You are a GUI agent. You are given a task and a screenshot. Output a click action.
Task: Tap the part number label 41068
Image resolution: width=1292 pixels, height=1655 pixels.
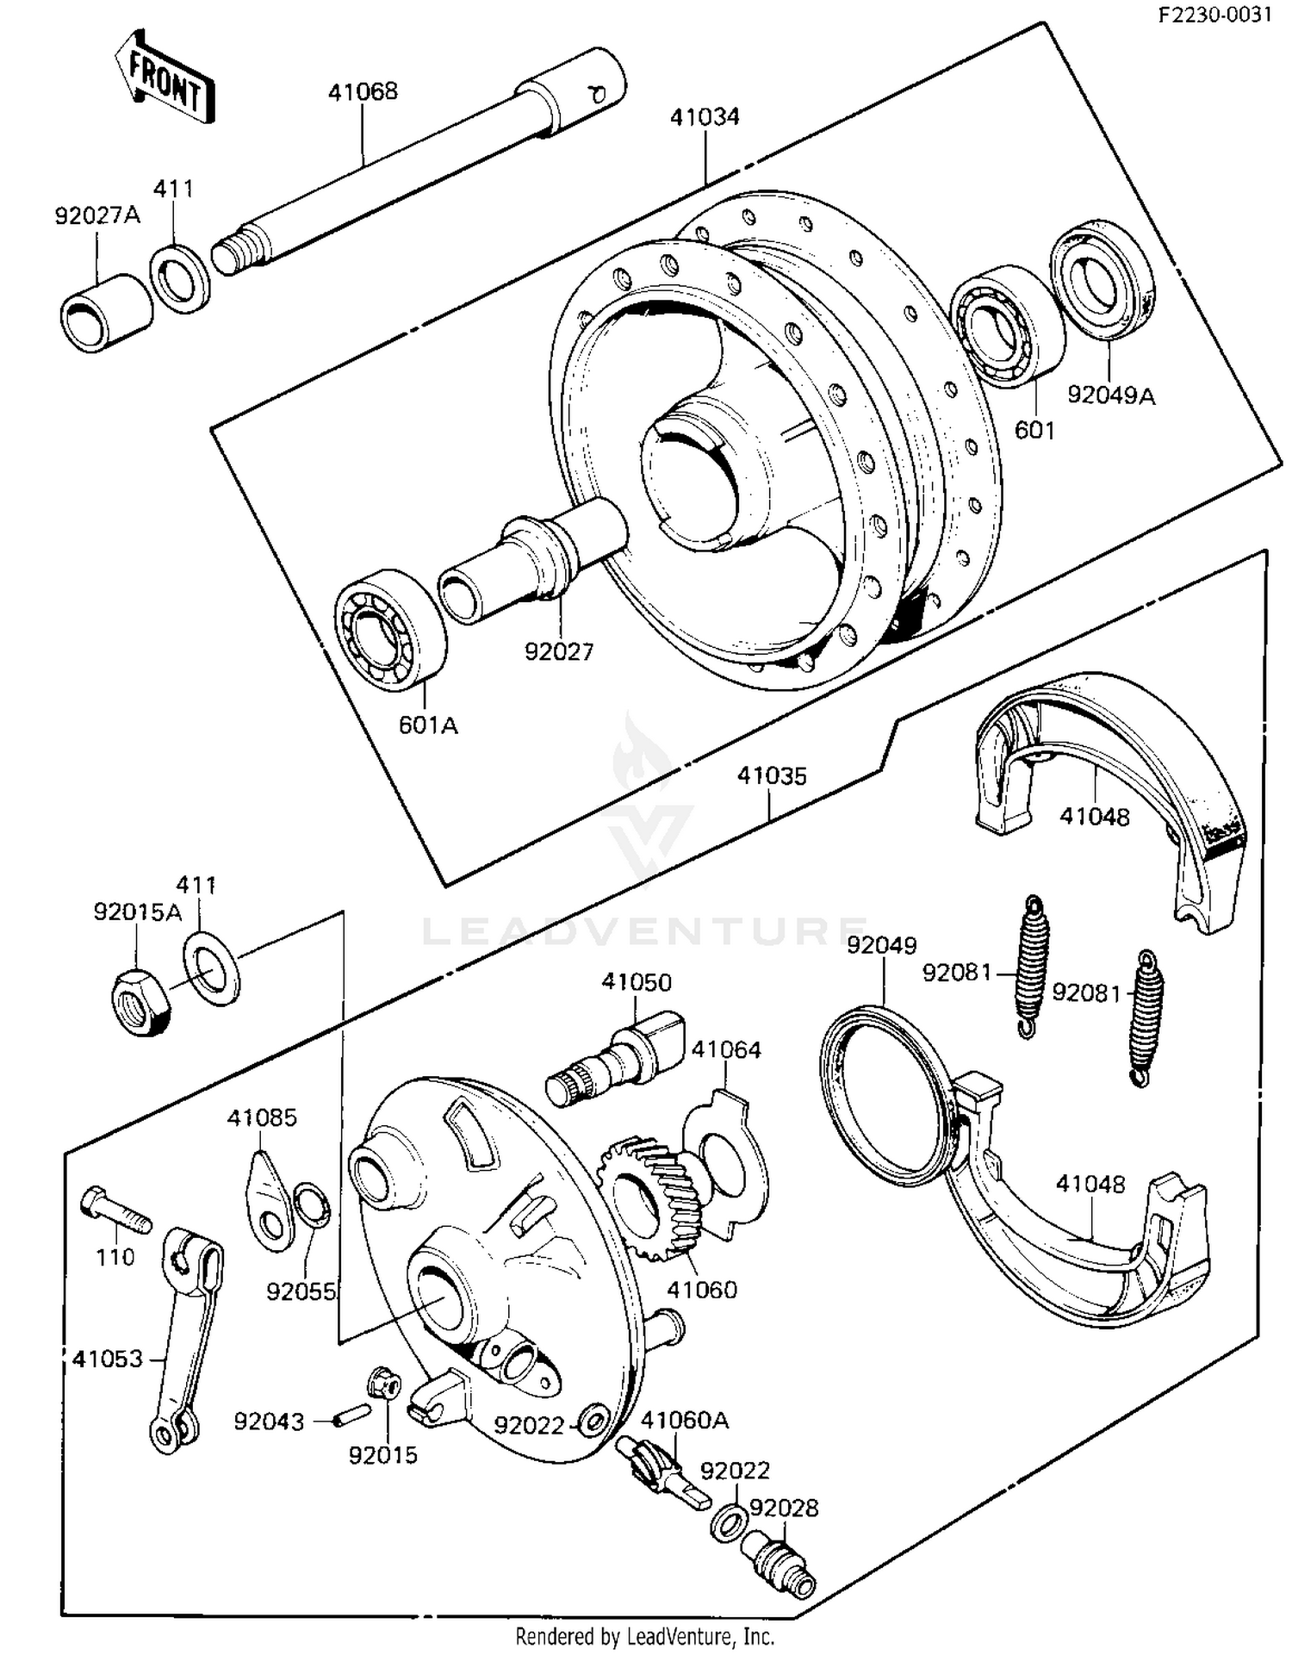coord(363,91)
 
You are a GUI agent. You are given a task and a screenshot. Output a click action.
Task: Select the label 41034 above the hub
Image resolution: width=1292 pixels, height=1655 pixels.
coord(705,117)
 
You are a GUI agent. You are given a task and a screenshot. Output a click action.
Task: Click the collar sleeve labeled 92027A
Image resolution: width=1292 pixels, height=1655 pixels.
coord(105,313)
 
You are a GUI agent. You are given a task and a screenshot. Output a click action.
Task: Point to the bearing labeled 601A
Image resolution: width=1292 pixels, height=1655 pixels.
coord(389,630)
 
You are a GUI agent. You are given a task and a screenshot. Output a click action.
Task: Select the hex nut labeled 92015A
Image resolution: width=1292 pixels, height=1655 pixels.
coord(140,1001)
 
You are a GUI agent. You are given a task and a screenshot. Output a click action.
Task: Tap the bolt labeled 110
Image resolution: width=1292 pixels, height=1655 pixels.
coord(115,1210)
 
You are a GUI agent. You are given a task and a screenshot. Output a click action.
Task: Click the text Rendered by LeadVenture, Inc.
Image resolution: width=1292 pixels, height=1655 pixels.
coord(644,1635)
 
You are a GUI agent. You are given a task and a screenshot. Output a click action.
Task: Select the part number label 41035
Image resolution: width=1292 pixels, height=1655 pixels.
coord(772,776)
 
